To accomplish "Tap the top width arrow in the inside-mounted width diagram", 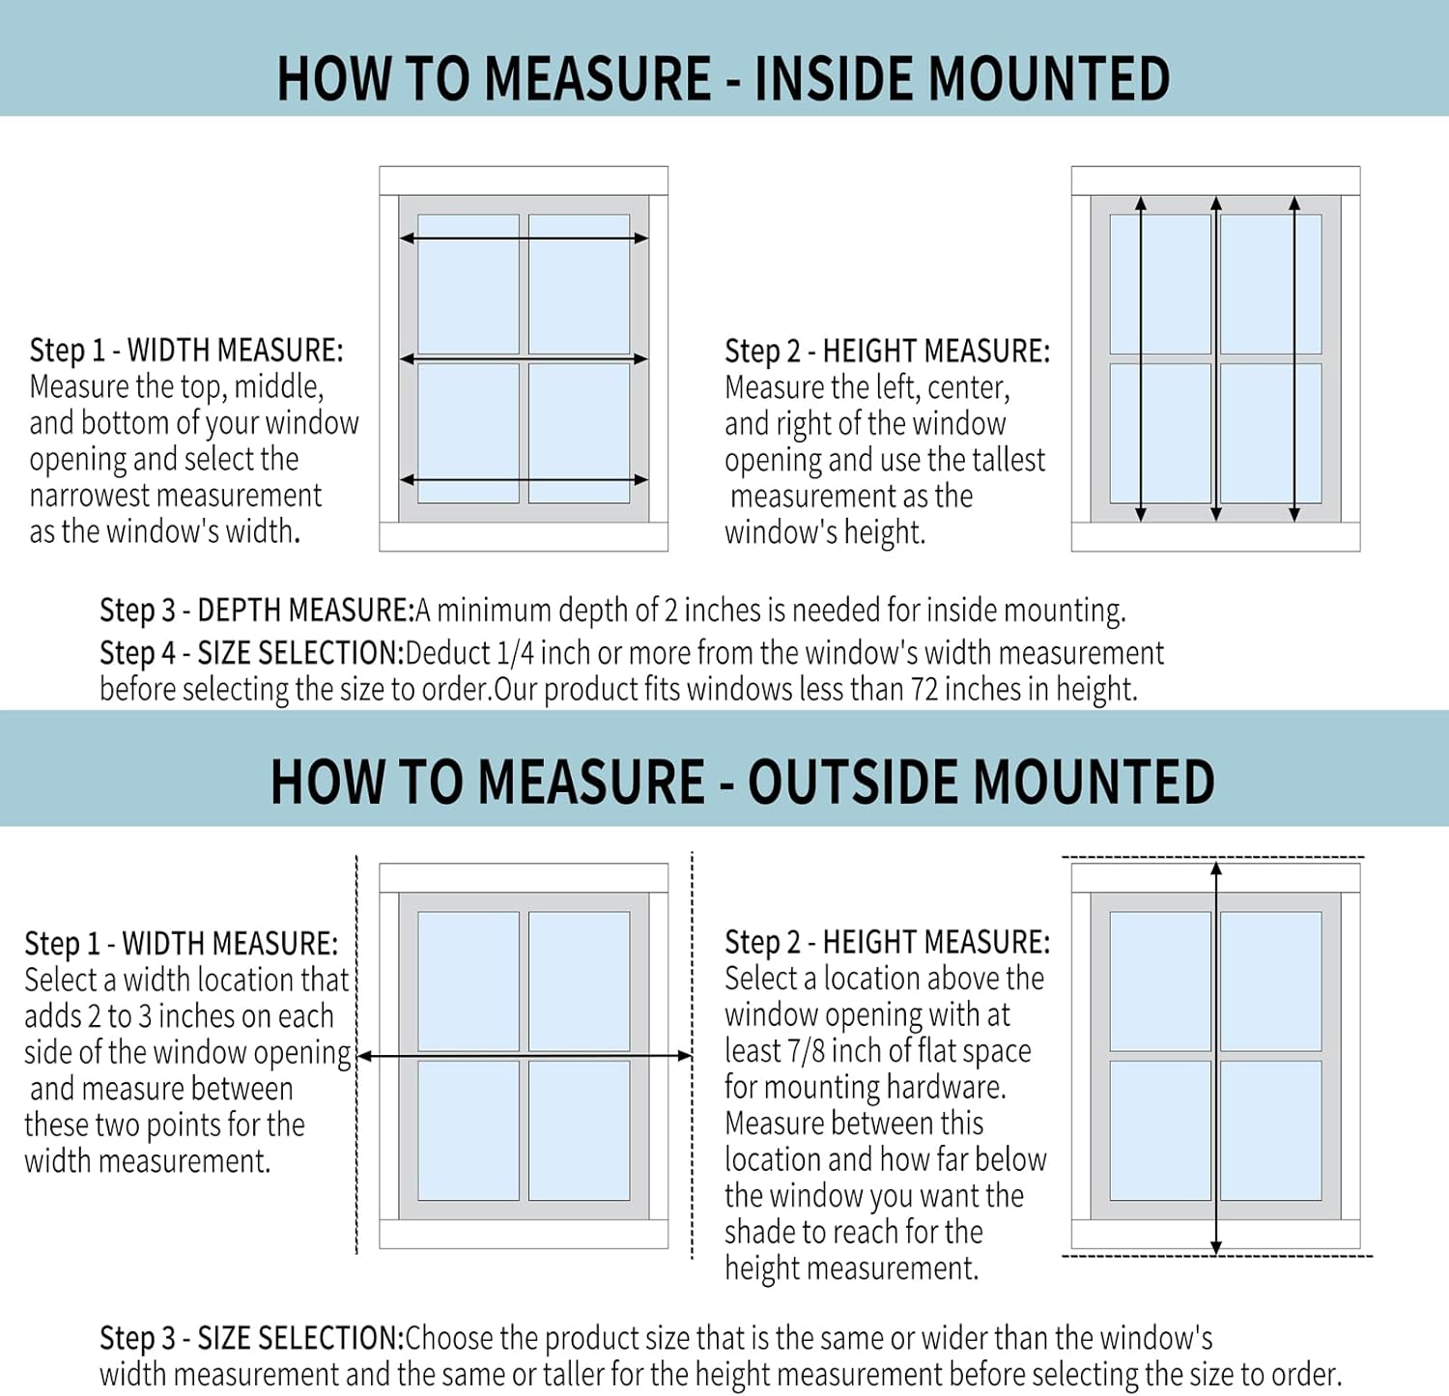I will [x=524, y=238].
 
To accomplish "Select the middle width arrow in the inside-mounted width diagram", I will [x=524, y=358].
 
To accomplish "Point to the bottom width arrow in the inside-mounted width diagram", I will [x=524, y=479].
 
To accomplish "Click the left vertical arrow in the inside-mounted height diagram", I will [x=1141, y=358].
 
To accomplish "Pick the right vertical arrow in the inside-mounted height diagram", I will [x=1294, y=358].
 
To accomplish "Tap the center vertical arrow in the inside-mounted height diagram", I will [x=1216, y=358].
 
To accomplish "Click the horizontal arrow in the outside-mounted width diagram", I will [x=525, y=1056].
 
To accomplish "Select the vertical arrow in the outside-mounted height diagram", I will [x=1216, y=1058].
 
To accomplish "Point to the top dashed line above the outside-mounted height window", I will [x=1213, y=857].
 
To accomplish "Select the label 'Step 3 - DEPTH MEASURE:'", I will [x=257, y=611].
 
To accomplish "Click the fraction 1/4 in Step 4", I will [x=514, y=654].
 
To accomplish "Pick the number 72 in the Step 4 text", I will [x=924, y=690].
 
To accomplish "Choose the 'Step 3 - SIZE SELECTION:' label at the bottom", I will [x=251, y=1338].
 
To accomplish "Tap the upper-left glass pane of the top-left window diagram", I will [x=469, y=284].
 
